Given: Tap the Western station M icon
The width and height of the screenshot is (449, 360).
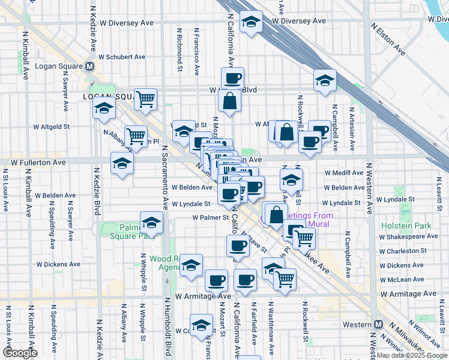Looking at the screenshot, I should pyautogui.click(x=378, y=324).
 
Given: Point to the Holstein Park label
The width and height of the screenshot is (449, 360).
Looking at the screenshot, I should pyautogui.click(x=402, y=226).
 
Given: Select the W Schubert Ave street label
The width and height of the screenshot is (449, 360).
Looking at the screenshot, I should pyautogui.click(x=122, y=57).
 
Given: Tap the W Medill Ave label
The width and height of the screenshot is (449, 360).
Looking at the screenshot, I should pyautogui.click(x=344, y=173).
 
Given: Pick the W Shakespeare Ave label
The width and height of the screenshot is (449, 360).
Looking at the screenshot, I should pyautogui.click(x=410, y=236).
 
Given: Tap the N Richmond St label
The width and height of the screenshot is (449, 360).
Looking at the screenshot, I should pyautogui.click(x=179, y=49).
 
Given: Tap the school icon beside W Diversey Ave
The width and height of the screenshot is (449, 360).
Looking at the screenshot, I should pyautogui.click(x=250, y=22).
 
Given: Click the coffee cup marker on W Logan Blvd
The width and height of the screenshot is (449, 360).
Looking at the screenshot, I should pyautogui.click(x=232, y=78).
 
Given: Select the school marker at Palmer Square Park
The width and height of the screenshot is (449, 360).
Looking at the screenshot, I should pyautogui.click(x=151, y=223).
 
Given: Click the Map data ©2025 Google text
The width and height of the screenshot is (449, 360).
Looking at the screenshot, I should pyautogui.click(x=412, y=355).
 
